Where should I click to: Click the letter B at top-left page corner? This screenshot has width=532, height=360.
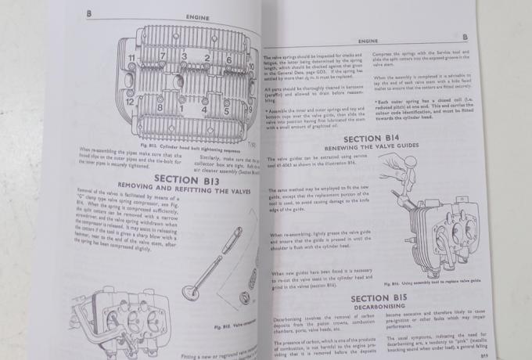[x=88, y=13]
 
